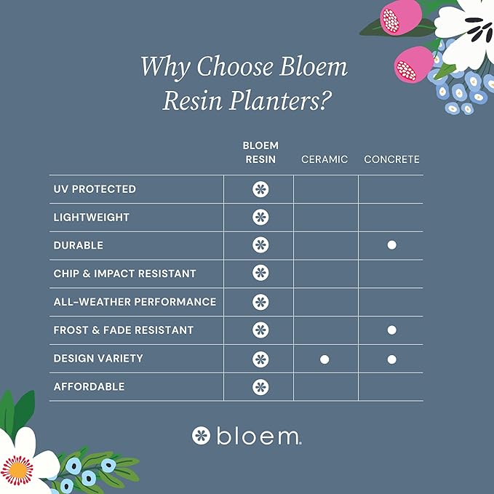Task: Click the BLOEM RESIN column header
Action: point(260,152)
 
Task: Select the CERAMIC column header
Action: point(324,159)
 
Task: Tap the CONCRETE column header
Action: point(391,159)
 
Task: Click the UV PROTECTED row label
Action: point(95,189)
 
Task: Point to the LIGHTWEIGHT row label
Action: point(91,218)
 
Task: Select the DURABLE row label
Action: point(78,246)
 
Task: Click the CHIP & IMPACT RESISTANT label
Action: point(124,274)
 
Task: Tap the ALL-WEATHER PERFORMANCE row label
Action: point(135,302)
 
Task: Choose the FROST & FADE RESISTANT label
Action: point(123,330)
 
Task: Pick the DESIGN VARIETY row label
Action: point(98,359)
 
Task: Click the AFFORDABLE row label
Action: point(89,387)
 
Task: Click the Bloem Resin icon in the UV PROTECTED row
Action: point(260,189)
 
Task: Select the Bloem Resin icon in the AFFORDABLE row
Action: point(260,387)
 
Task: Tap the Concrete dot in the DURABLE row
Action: point(391,245)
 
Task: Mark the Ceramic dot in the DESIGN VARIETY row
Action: point(324,359)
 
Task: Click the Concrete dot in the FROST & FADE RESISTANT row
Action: point(391,330)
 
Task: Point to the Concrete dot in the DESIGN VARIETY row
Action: point(391,359)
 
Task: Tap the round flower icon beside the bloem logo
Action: point(201,436)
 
